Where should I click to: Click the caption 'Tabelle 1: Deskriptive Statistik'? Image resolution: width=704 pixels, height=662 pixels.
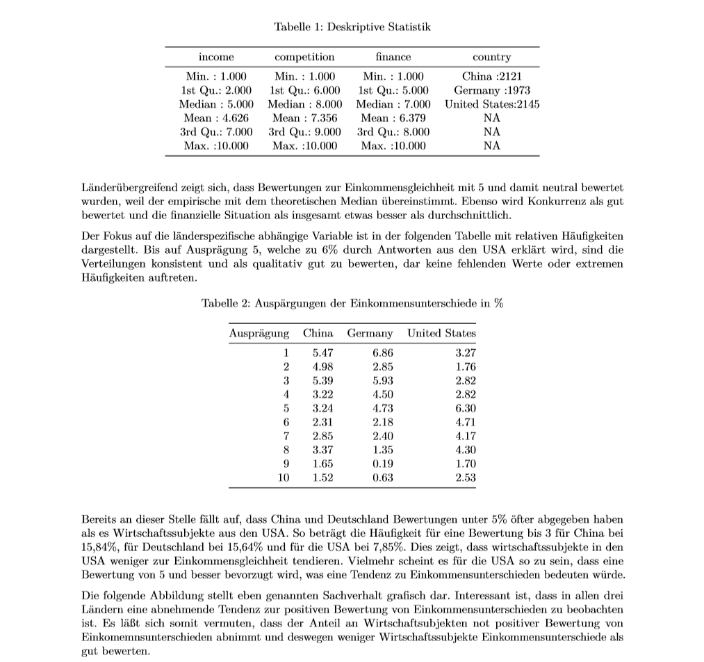(x=352, y=27)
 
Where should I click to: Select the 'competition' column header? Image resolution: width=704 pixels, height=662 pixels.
(x=304, y=57)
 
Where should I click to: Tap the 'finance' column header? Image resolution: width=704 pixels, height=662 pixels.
(x=393, y=57)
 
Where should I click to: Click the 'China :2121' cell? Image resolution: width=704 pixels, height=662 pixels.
(x=491, y=76)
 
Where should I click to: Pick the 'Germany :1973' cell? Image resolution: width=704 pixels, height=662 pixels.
(x=491, y=90)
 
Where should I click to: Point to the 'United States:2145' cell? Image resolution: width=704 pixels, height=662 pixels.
(x=492, y=104)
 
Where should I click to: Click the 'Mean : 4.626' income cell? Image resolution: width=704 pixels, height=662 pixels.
(x=216, y=118)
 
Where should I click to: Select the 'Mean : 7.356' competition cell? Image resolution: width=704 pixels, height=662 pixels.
(x=305, y=118)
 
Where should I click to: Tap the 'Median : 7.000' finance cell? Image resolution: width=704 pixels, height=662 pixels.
(x=393, y=104)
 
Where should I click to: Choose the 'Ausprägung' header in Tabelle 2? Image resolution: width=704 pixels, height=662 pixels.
(x=259, y=334)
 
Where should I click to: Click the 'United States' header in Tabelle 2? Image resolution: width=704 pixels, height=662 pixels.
(x=441, y=334)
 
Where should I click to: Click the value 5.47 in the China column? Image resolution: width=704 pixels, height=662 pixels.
(x=323, y=353)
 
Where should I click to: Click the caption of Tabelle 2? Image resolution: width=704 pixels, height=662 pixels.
(x=352, y=304)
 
